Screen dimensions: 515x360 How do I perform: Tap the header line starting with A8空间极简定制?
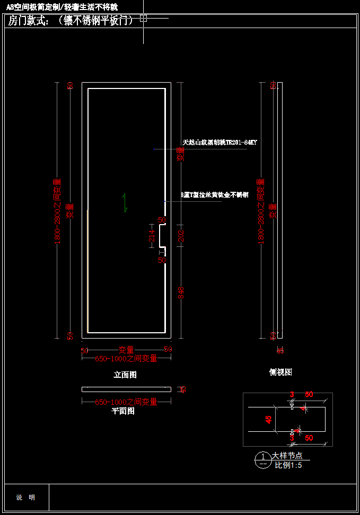coord(62,7)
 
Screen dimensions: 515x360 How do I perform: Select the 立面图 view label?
coord(125,375)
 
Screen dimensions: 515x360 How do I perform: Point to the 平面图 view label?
coord(123,411)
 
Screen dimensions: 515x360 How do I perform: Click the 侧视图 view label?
coord(280,372)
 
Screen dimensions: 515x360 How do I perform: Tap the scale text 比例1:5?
coord(288,465)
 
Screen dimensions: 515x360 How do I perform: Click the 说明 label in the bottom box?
coord(25,498)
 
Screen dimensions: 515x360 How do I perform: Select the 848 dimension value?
coord(181,292)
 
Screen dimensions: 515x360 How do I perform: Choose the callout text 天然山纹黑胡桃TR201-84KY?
coord(219,143)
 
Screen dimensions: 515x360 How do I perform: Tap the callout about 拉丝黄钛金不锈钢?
coord(214,195)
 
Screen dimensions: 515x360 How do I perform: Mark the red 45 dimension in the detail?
coord(269,420)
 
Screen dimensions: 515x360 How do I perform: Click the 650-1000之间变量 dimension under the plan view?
coord(126,402)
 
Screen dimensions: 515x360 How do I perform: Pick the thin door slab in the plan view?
coord(126,389)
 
